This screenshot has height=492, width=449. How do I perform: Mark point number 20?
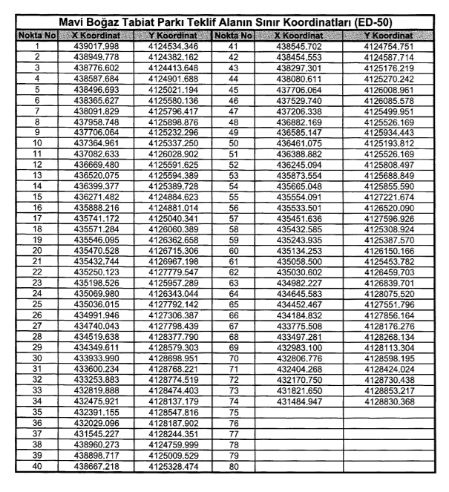click(36, 253)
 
